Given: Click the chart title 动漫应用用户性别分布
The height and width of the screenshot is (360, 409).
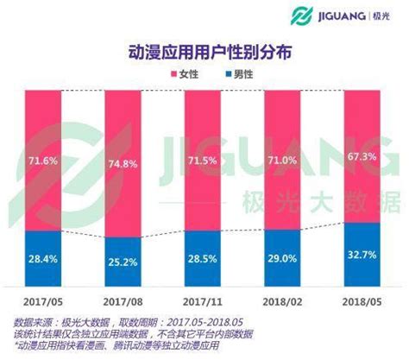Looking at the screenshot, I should point(204,51).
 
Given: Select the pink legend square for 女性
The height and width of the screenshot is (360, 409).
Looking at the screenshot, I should point(163,76).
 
